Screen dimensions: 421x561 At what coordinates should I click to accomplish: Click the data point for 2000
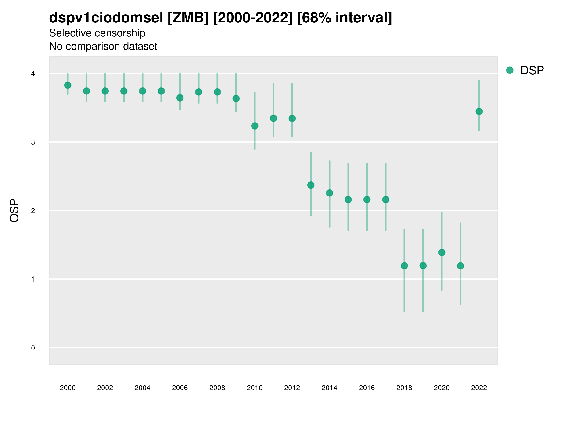pyautogui.click(x=68, y=85)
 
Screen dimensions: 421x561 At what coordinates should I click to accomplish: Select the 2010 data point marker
pyautogui.click(x=255, y=126)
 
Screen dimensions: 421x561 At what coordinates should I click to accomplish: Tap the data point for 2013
pyautogui.click(x=311, y=185)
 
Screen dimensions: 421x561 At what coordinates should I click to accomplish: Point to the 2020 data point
pyautogui.click(x=442, y=253)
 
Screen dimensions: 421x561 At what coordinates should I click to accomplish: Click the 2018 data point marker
pyautogui.click(x=404, y=266)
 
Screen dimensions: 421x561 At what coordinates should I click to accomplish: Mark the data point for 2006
pyautogui.click(x=180, y=98)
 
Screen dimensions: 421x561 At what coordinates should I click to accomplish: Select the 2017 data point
pyautogui.click(x=385, y=200)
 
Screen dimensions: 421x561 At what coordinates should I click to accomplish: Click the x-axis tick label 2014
pyautogui.click(x=329, y=388)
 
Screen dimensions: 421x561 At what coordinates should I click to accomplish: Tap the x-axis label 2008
pyautogui.click(x=217, y=388)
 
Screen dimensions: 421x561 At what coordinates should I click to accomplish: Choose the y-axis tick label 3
pyautogui.click(x=33, y=142)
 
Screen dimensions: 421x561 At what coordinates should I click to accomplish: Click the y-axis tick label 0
pyautogui.click(x=33, y=348)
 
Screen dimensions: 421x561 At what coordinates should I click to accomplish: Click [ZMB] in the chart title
pyautogui.click(x=188, y=18)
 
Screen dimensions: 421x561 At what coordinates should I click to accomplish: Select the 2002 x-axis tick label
pyautogui.click(x=105, y=388)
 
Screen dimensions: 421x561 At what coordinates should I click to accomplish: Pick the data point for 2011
pyautogui.click(x=273, y=118)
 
